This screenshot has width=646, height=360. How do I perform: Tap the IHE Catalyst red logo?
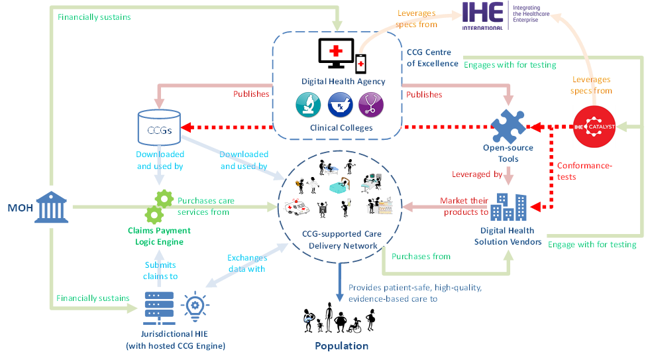point(594,126)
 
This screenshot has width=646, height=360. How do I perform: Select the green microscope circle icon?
point(308,105)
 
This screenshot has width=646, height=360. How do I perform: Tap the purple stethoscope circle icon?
point(371,105)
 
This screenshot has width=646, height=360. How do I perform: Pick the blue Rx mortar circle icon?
point(340,105)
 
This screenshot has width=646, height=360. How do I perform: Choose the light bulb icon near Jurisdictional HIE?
point(194,306)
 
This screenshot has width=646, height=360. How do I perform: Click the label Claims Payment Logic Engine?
point(159,235)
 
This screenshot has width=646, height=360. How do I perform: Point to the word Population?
point(342,346)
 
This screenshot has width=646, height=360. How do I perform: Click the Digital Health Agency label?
point(343,82)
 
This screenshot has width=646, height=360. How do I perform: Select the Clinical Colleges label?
point(342,127)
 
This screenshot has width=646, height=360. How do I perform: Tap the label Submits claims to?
point(160,270)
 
